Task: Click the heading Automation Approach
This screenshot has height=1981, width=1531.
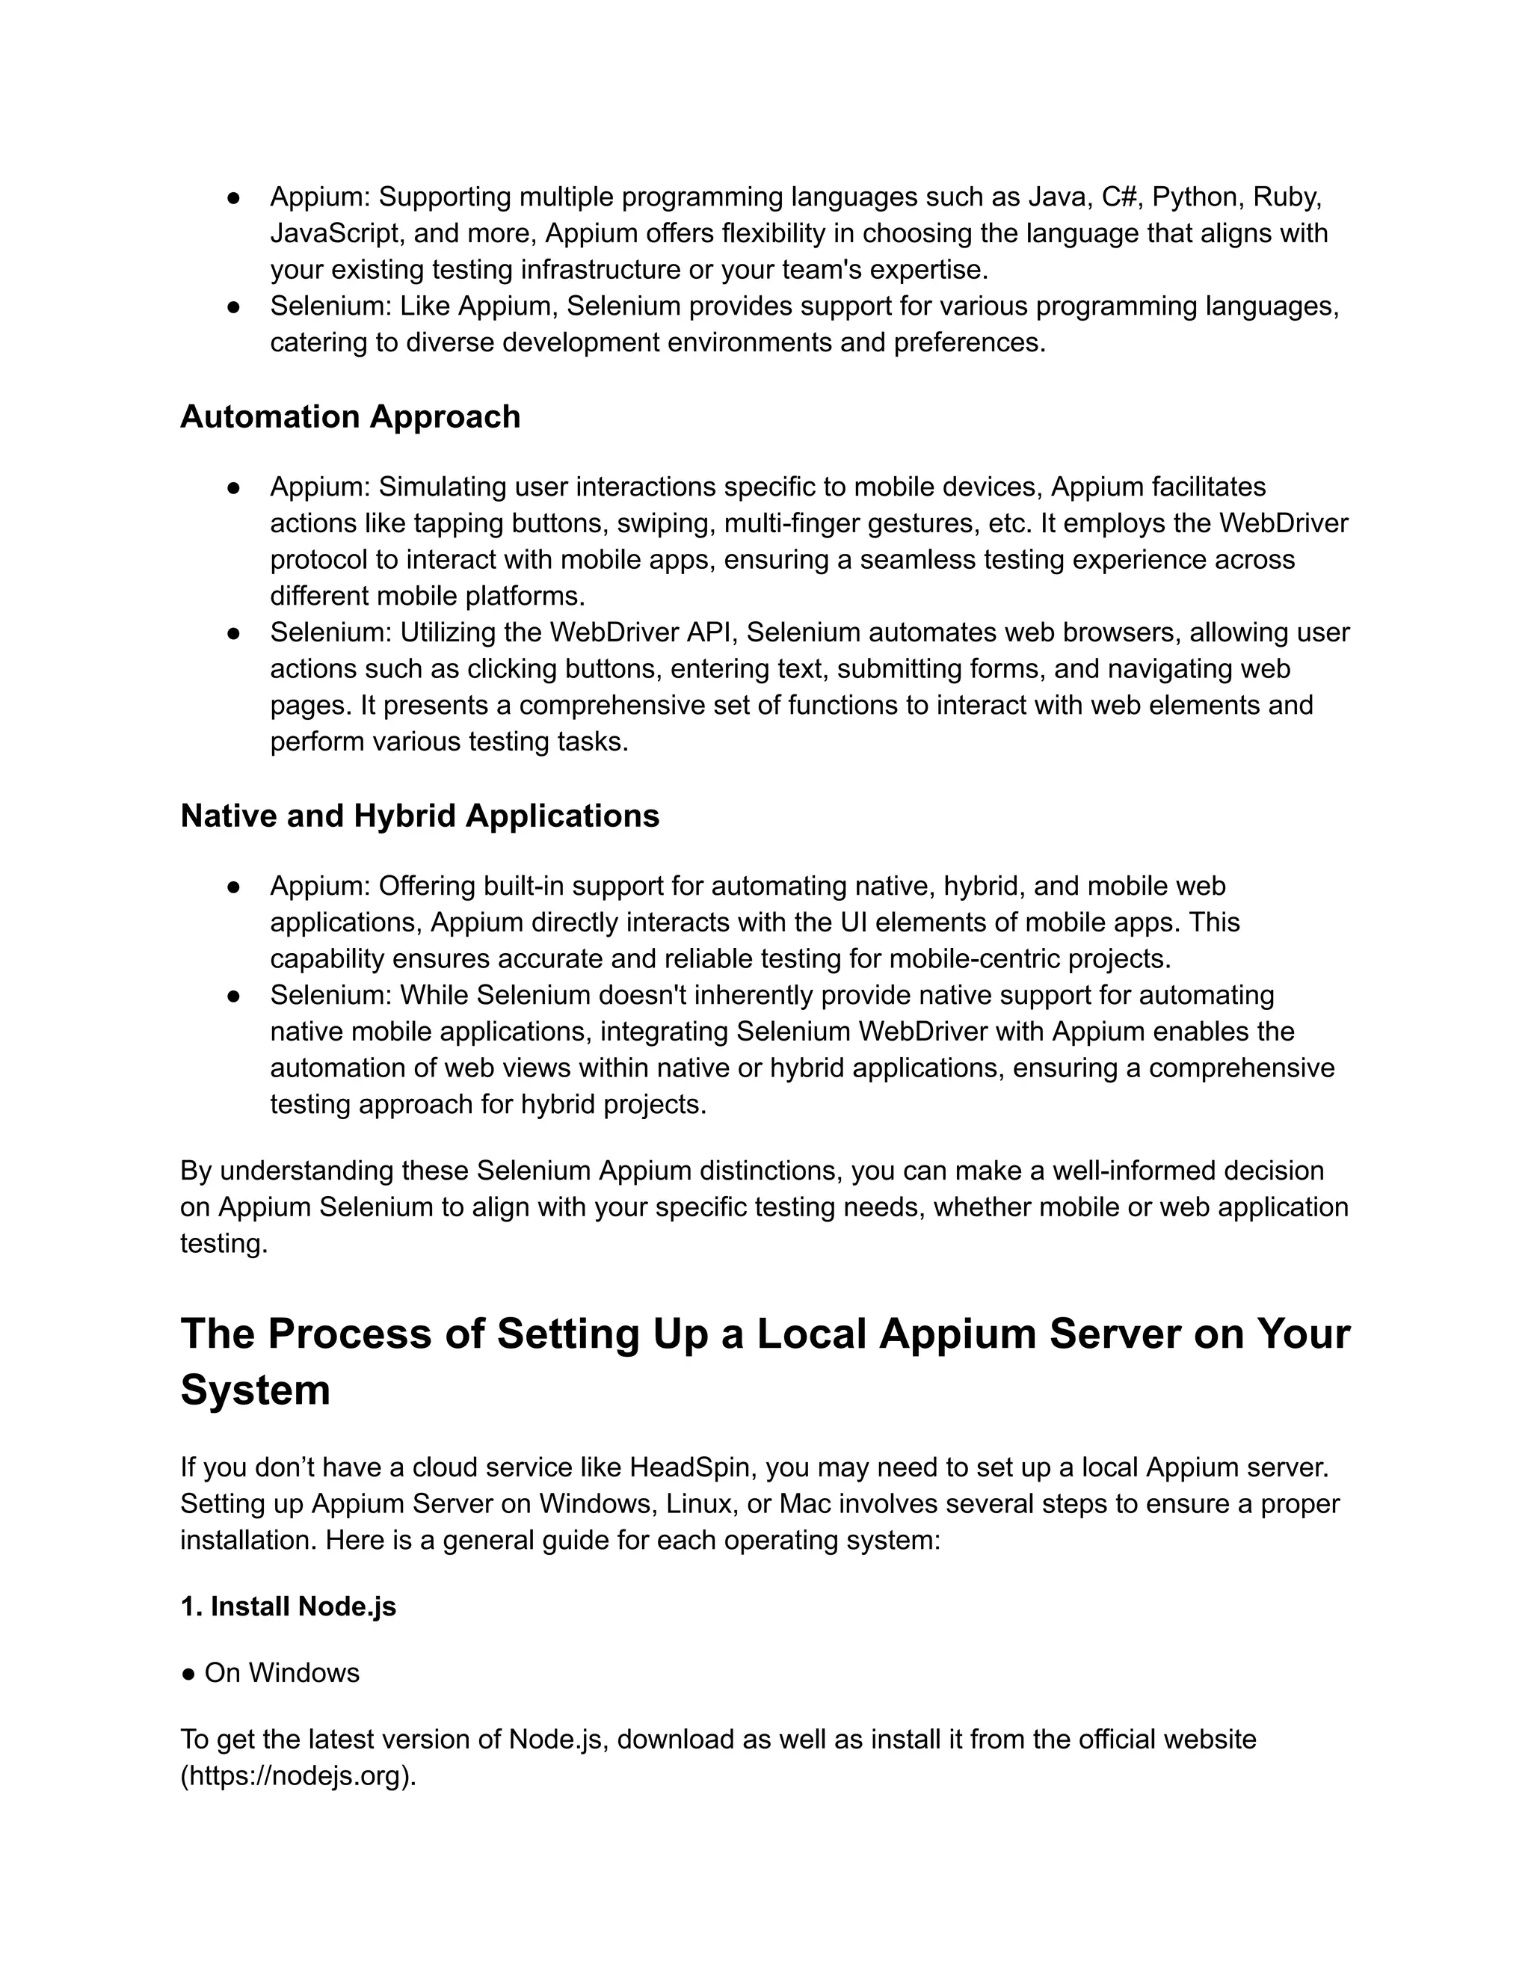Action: click(x=350, y=417)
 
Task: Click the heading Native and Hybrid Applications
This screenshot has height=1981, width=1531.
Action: click(x=419, y=816)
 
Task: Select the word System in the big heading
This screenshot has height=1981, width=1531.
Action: click(x=255, y=1390)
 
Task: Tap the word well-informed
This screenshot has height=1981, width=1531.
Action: click(x=1134, y=1171)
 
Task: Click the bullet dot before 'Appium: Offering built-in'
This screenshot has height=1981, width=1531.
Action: click(x=233, y=886)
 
